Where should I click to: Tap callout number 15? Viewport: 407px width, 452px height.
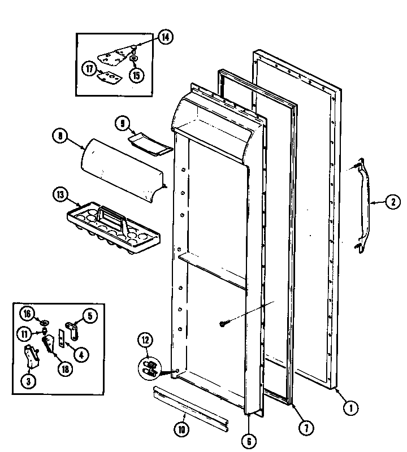pos(136,73)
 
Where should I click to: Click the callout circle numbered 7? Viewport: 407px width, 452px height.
pos(305,428)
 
